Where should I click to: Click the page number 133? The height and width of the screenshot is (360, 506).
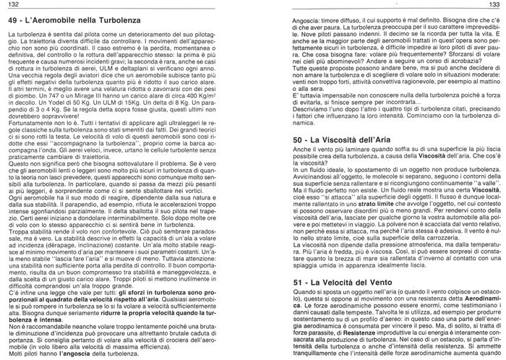[x=497, y=5]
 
